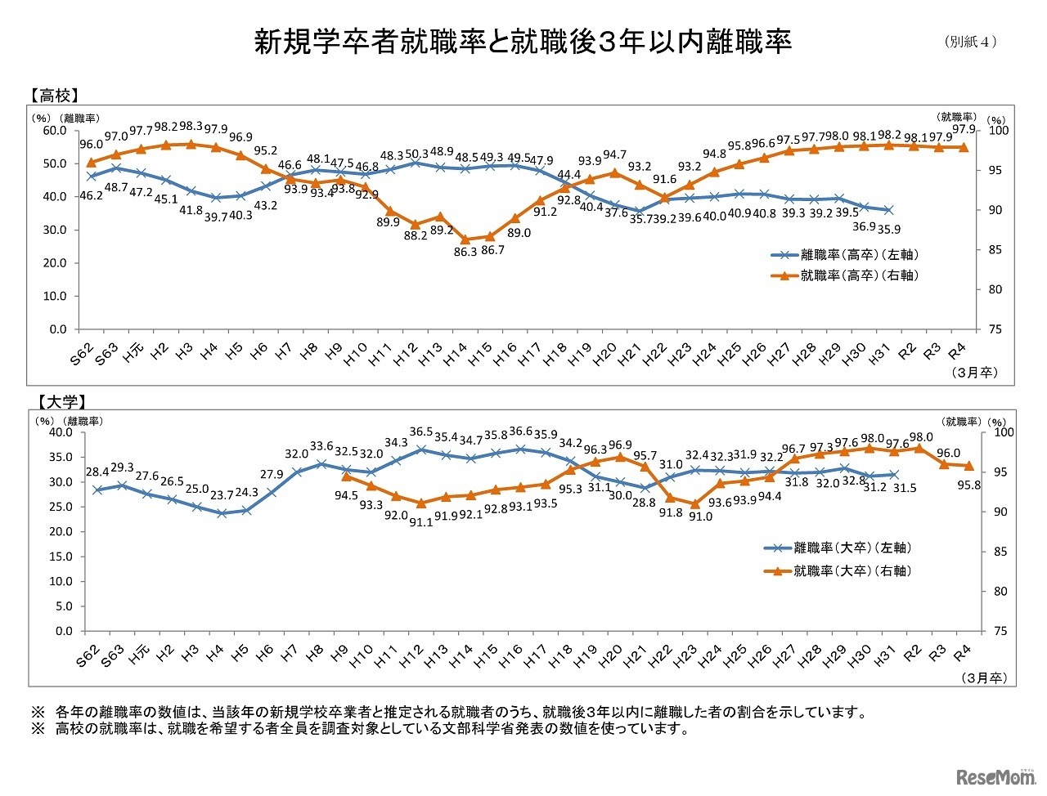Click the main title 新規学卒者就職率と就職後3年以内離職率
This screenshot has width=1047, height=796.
tap(523, 42)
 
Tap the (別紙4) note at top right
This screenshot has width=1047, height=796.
tap(971, 42)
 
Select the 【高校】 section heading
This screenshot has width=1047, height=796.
tap(55, 95)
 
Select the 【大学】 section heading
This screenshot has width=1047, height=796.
tap(61, 401)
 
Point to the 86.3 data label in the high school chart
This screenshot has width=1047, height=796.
tap(465, 253)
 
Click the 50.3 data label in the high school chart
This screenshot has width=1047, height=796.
tap(417, 154)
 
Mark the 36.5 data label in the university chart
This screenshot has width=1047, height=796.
tap(421, 432)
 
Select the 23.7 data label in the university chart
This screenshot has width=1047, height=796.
tap(221, 495)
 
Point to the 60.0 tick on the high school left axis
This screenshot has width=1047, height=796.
tap(55, 131)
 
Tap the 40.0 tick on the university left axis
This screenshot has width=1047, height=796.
tap(61, 432)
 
